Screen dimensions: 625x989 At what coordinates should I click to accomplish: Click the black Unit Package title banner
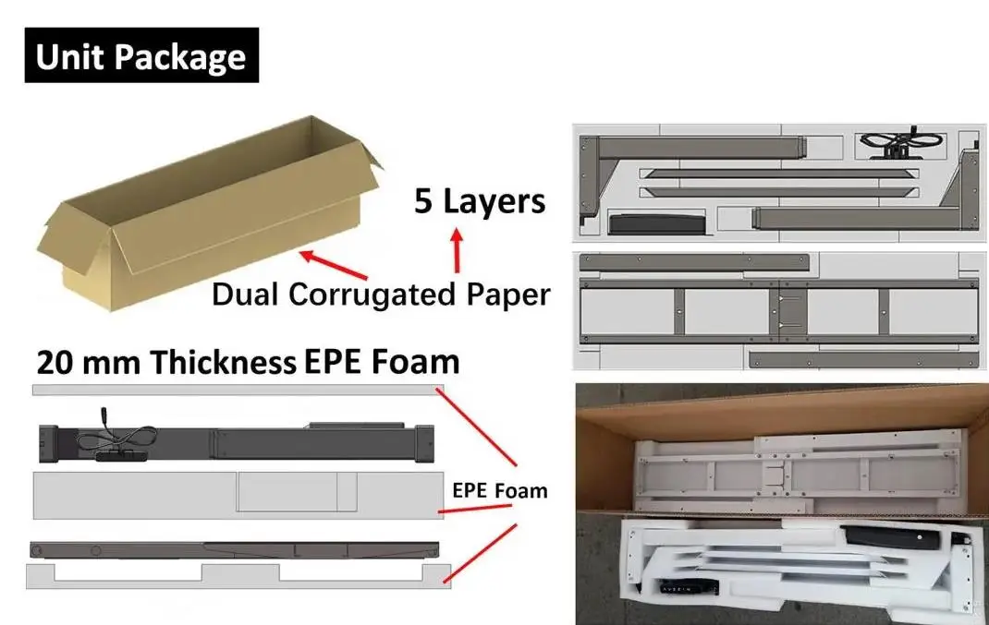(141, 56)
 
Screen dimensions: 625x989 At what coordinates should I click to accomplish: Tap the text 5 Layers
(480, 200)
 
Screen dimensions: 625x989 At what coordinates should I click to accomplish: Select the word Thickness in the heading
(223, 363)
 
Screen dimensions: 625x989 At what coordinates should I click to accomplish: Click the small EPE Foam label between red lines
(499, 490)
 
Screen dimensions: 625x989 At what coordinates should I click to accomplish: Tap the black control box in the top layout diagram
(654, 222)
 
